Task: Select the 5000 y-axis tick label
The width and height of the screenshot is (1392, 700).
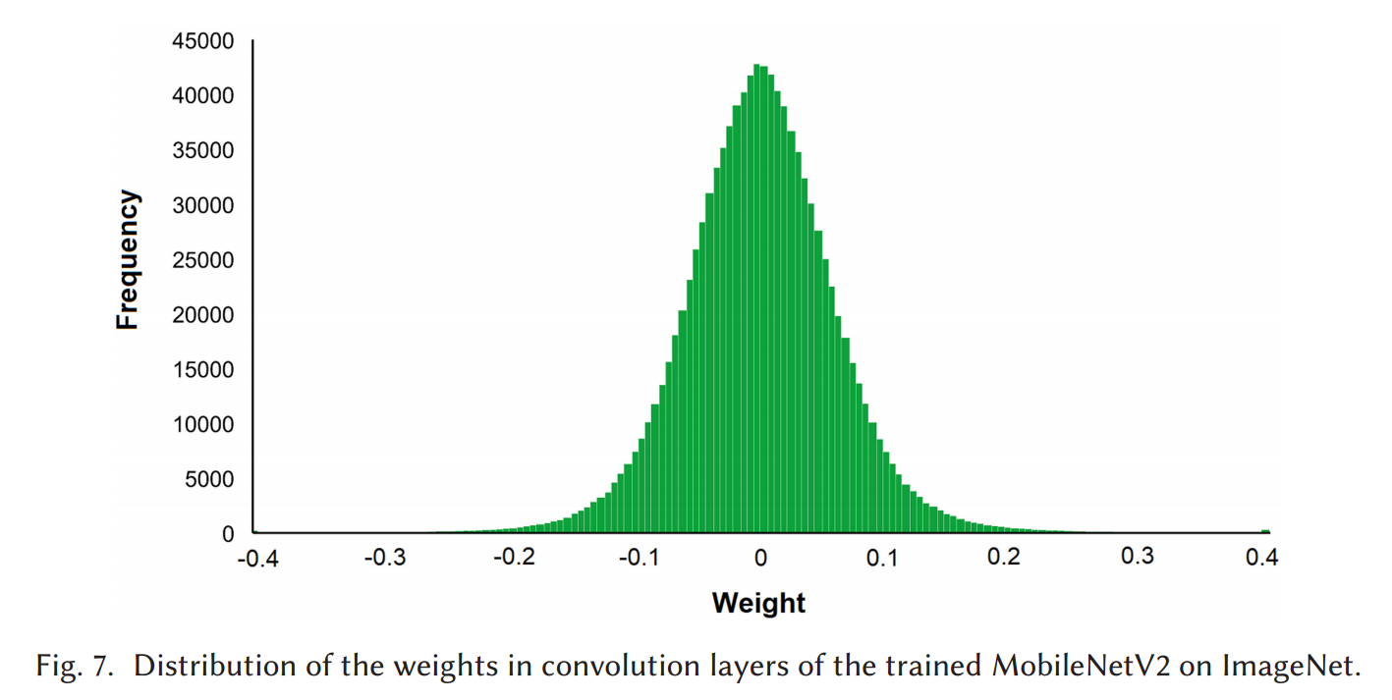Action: [210, 480]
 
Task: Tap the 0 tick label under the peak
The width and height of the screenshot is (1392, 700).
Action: [760, 559]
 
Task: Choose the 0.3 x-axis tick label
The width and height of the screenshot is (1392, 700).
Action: [1138, 557]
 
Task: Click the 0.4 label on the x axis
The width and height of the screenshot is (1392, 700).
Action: [1263, 559]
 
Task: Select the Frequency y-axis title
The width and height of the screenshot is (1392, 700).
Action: [128, 260]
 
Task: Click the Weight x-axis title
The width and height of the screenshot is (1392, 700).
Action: [758, 602]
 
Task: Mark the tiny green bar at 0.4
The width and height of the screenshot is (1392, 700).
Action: [1265, 531]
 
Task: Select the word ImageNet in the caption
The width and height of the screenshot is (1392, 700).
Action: [1291, 667]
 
